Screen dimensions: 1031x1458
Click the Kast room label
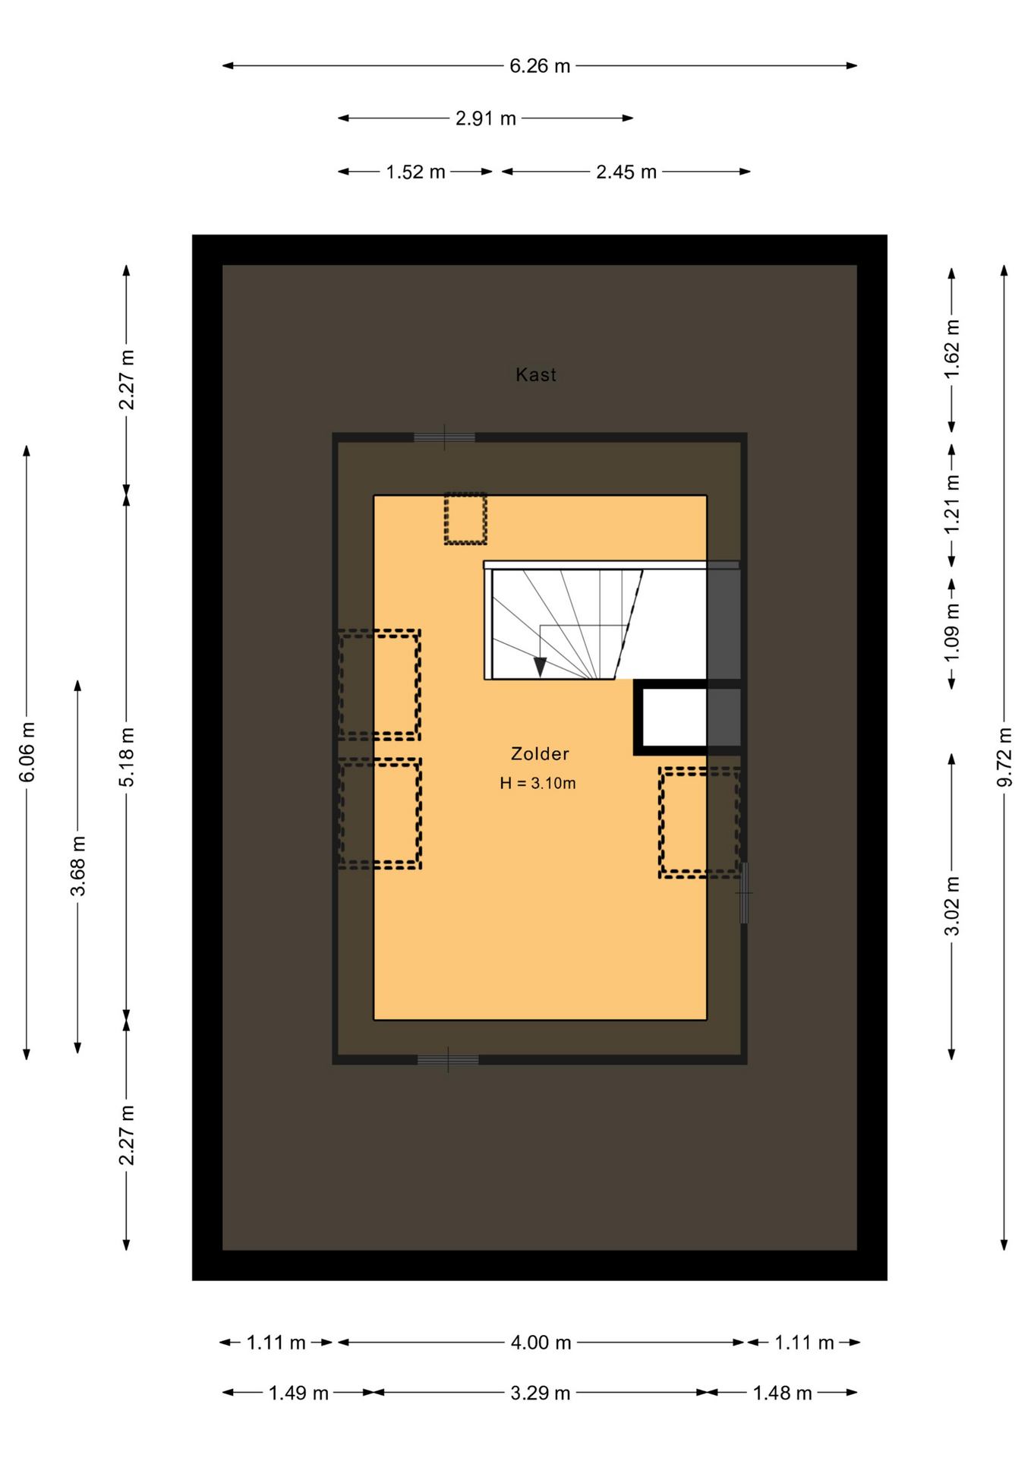coord(536,374)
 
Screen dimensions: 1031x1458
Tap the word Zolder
coord(540,753)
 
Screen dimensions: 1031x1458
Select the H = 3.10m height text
coord(538,783)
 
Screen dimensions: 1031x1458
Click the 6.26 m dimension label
coord(540,66)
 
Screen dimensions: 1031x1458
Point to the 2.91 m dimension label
coord(486,118)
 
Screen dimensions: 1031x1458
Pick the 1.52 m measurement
coord(415,172)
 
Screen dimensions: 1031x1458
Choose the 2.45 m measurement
coord(626,172)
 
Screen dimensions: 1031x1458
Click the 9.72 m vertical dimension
coord(1004,757)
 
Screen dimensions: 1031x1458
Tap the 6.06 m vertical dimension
coord(27,752)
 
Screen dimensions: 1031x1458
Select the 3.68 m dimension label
coord(77,866)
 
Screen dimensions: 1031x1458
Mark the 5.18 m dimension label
coord(127,756)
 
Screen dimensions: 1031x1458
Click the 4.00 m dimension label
coord(541,1343)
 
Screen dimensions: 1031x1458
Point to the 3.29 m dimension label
coord(540,1393)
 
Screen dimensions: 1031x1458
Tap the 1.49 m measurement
coord(298,1393)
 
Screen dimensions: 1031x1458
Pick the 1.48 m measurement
coord(782,1393)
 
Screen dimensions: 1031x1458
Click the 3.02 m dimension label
coord(952,906)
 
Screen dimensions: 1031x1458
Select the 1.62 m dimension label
coord(952,349)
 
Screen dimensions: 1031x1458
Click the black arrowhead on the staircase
coord(540,667)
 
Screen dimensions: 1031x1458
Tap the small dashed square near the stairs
coord(465,519)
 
